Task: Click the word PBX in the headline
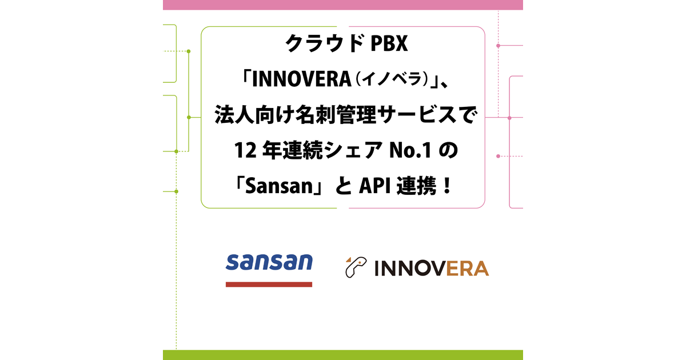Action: click(x=389, y=43)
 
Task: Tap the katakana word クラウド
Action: click(x=325, y=43)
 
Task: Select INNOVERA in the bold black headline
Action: click(x=302, y=79)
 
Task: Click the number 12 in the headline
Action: click(x=245, y=151)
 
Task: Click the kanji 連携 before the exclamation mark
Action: click(x=416, y=186)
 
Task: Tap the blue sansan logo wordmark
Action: click(x=269, y=262)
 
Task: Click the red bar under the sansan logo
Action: click(x=269, y=285)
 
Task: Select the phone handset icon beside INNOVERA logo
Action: click(x=356, y=267)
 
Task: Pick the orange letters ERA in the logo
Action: click(x=468, y=269)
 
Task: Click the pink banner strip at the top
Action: click(x=342, y=5)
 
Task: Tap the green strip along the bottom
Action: click(x=342, y=355)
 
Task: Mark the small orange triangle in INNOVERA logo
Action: click(x=349, y=259)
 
